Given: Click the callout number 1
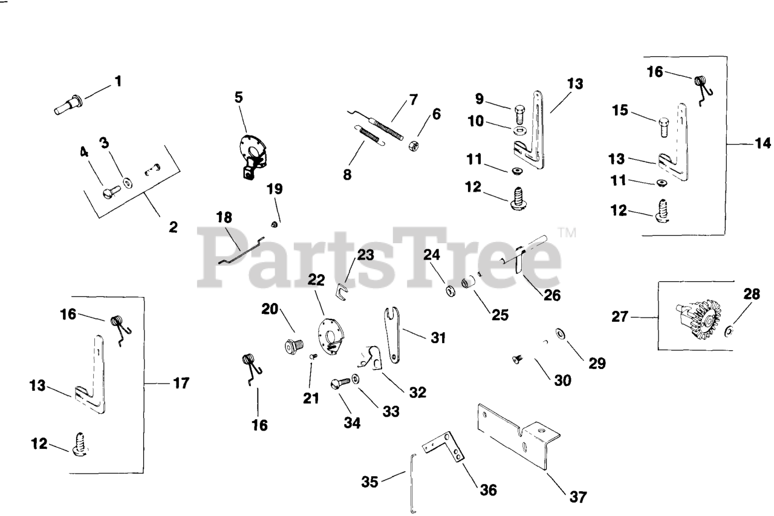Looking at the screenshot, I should click(x=119, y=80).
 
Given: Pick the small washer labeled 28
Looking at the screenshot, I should click(x=730, y=330).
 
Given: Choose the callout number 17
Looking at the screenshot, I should click(x=180, y=383).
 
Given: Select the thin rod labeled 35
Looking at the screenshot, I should click(x=412, y=484).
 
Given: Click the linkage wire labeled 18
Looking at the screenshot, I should click(x=242, y=249).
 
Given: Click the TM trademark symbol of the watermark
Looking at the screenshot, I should click(x=565, y=232).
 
